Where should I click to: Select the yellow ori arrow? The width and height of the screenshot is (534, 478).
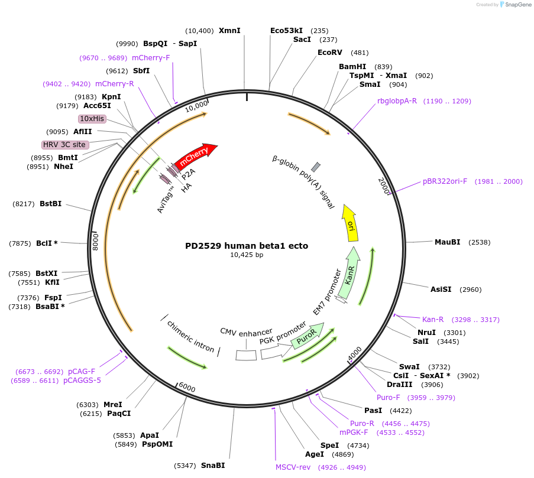[350, 223]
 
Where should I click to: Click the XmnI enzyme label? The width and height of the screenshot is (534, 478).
[229, 31]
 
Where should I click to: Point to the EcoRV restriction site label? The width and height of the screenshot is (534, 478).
[330, 53]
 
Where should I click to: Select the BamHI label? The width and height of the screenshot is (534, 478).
[352, 67]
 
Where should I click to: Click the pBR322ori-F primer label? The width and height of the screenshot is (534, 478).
[445, 181]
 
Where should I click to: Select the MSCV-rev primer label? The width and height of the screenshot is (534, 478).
[293, 467]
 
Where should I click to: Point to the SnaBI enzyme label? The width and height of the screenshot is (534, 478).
[213, 466]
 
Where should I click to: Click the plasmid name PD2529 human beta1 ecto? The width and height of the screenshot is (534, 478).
[247, 246]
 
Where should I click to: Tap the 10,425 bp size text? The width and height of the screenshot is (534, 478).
[247, 255]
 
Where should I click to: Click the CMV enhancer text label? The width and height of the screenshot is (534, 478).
[246, 331]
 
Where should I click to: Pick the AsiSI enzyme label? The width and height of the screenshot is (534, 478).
[441, 290]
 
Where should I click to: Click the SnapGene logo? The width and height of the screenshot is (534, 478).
[513, 5]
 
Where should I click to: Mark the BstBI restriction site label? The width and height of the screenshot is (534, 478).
[50, 204]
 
